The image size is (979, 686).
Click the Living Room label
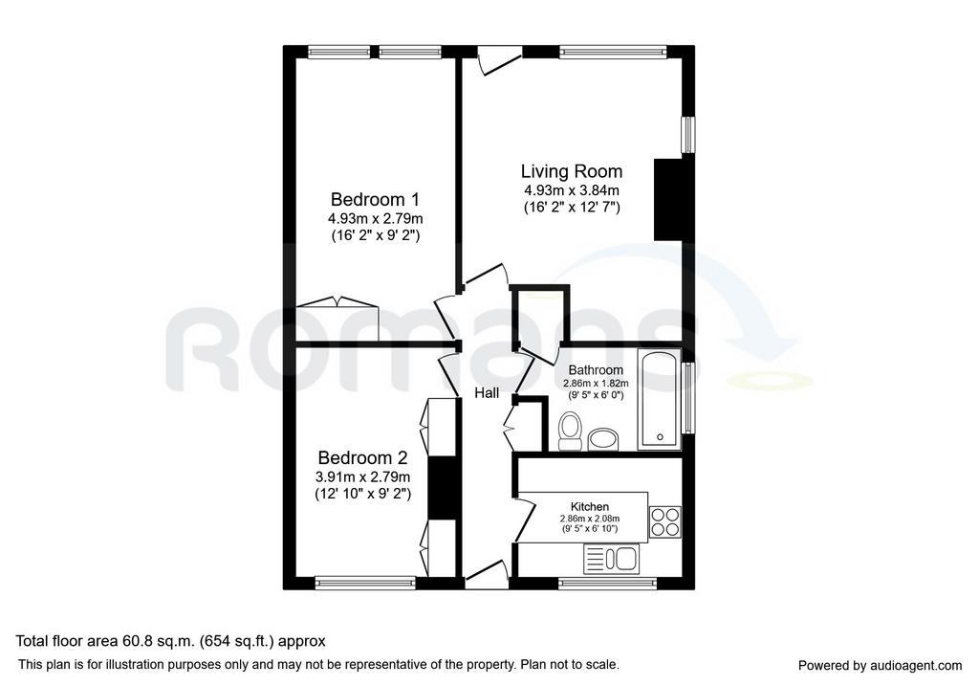(x=572, y=172)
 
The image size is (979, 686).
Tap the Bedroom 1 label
(x=375, y=200)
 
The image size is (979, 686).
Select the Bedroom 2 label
(x=362, y=458)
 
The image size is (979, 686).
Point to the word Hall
(x=487, y=393)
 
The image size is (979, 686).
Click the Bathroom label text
(x=596, y=370)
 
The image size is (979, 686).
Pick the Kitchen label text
(x=589, y=507)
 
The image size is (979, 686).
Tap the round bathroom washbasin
(x=603, y=438)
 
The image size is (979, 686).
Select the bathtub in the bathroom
(x=660, y=399)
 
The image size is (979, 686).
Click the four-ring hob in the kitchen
(x=664, y=521)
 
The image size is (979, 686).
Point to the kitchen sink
(x=610, y=559)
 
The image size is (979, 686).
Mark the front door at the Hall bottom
(x=487, y=575)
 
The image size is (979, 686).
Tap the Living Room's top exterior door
(x=500, y=60)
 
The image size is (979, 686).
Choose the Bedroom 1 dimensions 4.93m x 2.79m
(x=375, y=219)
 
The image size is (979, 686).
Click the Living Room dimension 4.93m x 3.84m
(x=572, y=190)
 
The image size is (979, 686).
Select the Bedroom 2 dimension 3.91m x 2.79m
(x=362, y=477)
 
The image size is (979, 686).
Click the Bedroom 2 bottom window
(x=365, y=584)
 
